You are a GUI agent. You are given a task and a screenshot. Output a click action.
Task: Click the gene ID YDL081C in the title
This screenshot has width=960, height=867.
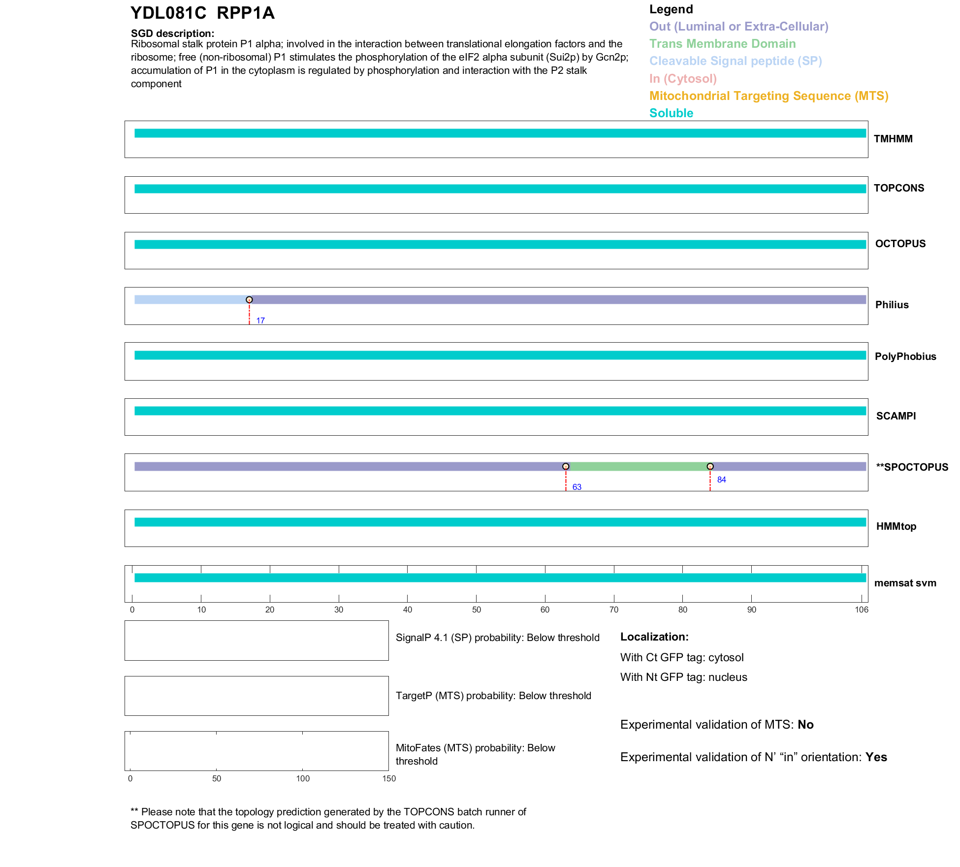point(168,13)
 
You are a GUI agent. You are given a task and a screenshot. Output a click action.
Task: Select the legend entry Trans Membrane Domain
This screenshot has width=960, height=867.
point(722,44)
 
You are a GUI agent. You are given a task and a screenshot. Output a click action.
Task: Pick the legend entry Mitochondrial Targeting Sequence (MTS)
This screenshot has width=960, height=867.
point(768,96)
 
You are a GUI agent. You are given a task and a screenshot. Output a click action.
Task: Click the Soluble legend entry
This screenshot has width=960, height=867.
point(671,113)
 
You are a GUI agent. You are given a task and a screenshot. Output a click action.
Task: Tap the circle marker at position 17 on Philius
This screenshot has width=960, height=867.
point(249,300)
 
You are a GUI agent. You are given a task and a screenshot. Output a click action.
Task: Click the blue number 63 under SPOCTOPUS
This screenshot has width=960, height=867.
point(577,487)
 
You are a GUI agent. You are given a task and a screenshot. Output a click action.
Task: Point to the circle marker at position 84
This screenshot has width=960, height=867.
point(710,466)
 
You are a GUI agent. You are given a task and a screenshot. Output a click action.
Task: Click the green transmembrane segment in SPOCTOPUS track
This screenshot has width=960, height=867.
point(638,466)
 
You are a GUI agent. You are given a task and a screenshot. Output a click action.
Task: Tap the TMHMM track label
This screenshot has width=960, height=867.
point(893,139)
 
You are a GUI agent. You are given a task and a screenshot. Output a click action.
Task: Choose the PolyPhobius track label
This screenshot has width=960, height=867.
point(905,356)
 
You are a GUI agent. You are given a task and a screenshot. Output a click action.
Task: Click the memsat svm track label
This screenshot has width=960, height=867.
point(905,583)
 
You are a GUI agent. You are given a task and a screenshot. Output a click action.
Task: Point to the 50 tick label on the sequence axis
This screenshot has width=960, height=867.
point(477,610)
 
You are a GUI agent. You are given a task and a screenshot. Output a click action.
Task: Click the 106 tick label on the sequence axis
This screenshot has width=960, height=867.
point(862,610)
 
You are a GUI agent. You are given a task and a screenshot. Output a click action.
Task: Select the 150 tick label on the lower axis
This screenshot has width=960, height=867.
point(389,778)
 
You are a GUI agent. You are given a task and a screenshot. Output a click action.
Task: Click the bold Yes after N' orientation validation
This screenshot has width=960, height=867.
point(876,757)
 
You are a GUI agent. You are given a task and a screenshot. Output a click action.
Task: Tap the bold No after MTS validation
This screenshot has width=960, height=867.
point(805,725)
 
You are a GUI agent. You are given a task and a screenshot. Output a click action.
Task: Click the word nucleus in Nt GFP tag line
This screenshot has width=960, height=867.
point(728,677)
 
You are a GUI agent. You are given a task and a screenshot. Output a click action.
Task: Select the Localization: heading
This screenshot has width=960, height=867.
point(654,637)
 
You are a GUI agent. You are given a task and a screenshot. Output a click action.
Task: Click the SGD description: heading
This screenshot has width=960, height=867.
point(172,33)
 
